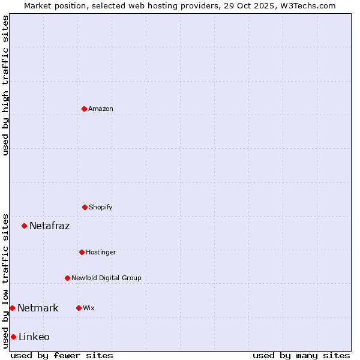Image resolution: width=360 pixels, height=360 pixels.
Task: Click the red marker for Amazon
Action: (84, 109)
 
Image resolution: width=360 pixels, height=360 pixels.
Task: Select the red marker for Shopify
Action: (85, 207)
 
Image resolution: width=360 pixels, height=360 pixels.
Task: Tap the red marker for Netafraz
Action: (25, 226)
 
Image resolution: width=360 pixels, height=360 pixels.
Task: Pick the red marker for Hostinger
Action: (82, 252)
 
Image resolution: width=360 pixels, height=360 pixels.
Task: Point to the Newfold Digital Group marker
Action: (67, 278)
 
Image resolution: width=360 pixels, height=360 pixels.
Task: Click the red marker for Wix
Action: (79, 308)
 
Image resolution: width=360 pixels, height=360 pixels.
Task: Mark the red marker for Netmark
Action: (12, 308)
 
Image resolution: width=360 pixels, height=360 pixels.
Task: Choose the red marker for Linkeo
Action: (13, 337)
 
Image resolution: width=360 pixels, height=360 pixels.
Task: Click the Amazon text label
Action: (101, 109)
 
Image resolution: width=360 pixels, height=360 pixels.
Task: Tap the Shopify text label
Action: (101, 207)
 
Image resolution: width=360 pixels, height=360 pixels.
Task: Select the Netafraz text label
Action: (49, 226)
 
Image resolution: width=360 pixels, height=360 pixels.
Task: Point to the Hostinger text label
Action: (101, 252)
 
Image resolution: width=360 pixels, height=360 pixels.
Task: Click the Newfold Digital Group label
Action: (106, 278)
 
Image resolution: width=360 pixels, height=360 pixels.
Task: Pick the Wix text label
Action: (89, 308)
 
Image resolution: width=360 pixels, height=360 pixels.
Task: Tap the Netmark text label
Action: (38, 308)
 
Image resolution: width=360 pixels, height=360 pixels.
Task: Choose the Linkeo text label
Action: (34, 337)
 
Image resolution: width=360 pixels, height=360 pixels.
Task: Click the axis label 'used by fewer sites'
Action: (62, 355)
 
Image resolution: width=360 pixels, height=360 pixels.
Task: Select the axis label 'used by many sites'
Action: (301, 355)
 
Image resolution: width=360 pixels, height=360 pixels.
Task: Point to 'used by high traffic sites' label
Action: (5, 85)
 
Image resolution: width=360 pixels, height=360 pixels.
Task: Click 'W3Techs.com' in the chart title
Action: (305, 5)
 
